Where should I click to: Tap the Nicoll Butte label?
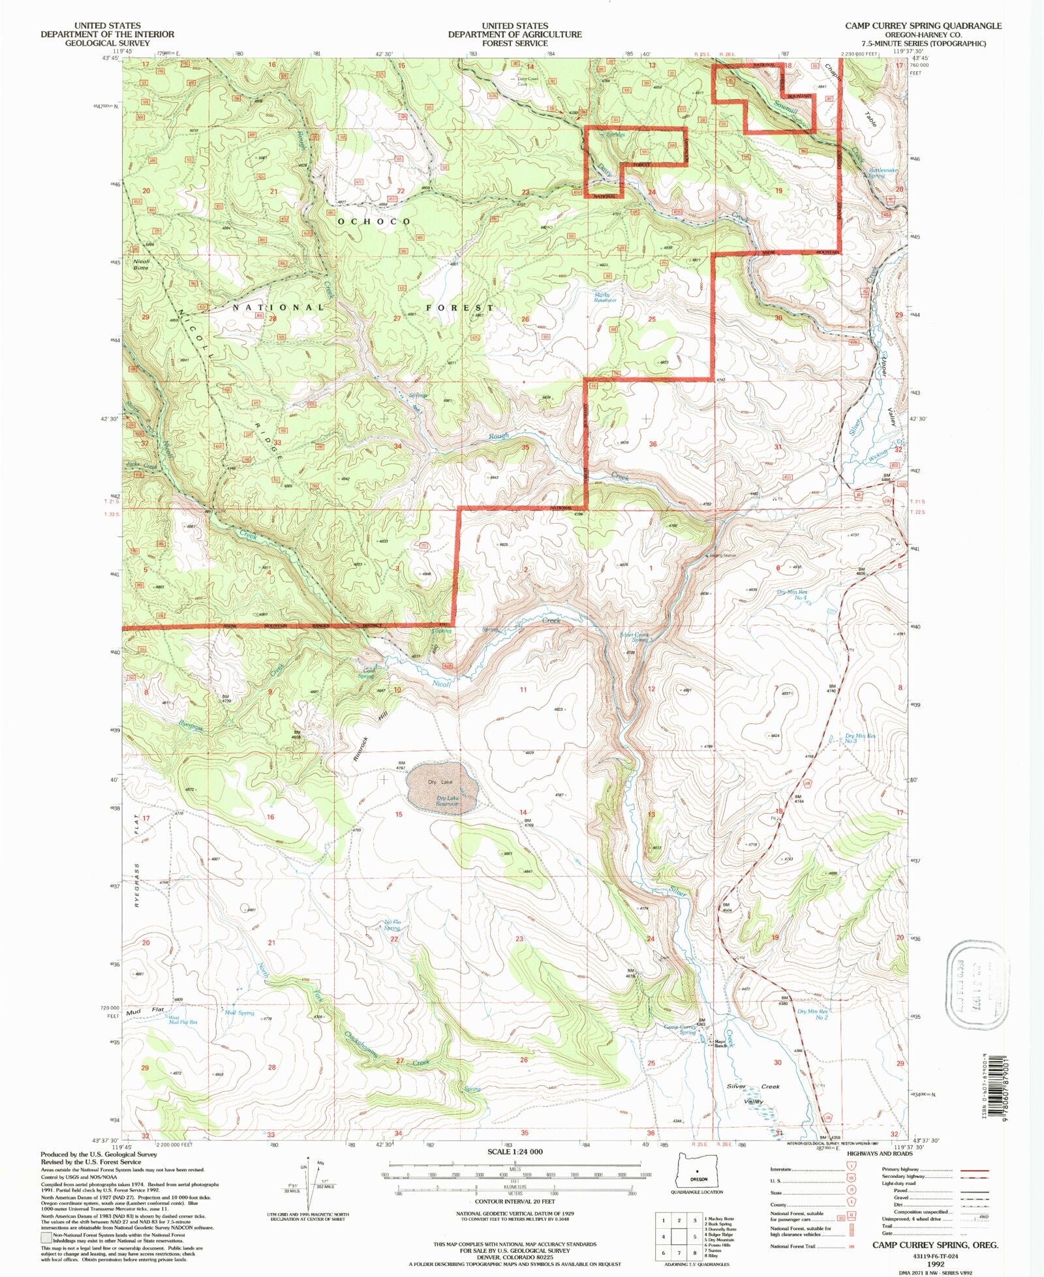[x=141, y=264]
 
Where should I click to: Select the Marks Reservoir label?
[x=605, y=297]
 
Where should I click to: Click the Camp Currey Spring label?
[x=680, y=1029]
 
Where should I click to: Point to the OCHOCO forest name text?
[x=375, y=222]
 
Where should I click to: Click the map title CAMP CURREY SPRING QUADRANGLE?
[x=923, y=25]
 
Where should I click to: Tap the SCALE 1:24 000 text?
[x=515, y=1152]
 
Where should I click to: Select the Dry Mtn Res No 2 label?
[x=812, y=1014]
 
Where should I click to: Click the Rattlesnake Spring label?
[x=882, y=173]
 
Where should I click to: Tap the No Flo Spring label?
[x=391, y=925]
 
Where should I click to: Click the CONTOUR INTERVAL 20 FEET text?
[x=515, y=1201]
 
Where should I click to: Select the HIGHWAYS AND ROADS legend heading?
[x=880, y=1153]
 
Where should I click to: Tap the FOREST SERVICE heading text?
[x=514, y=43]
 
